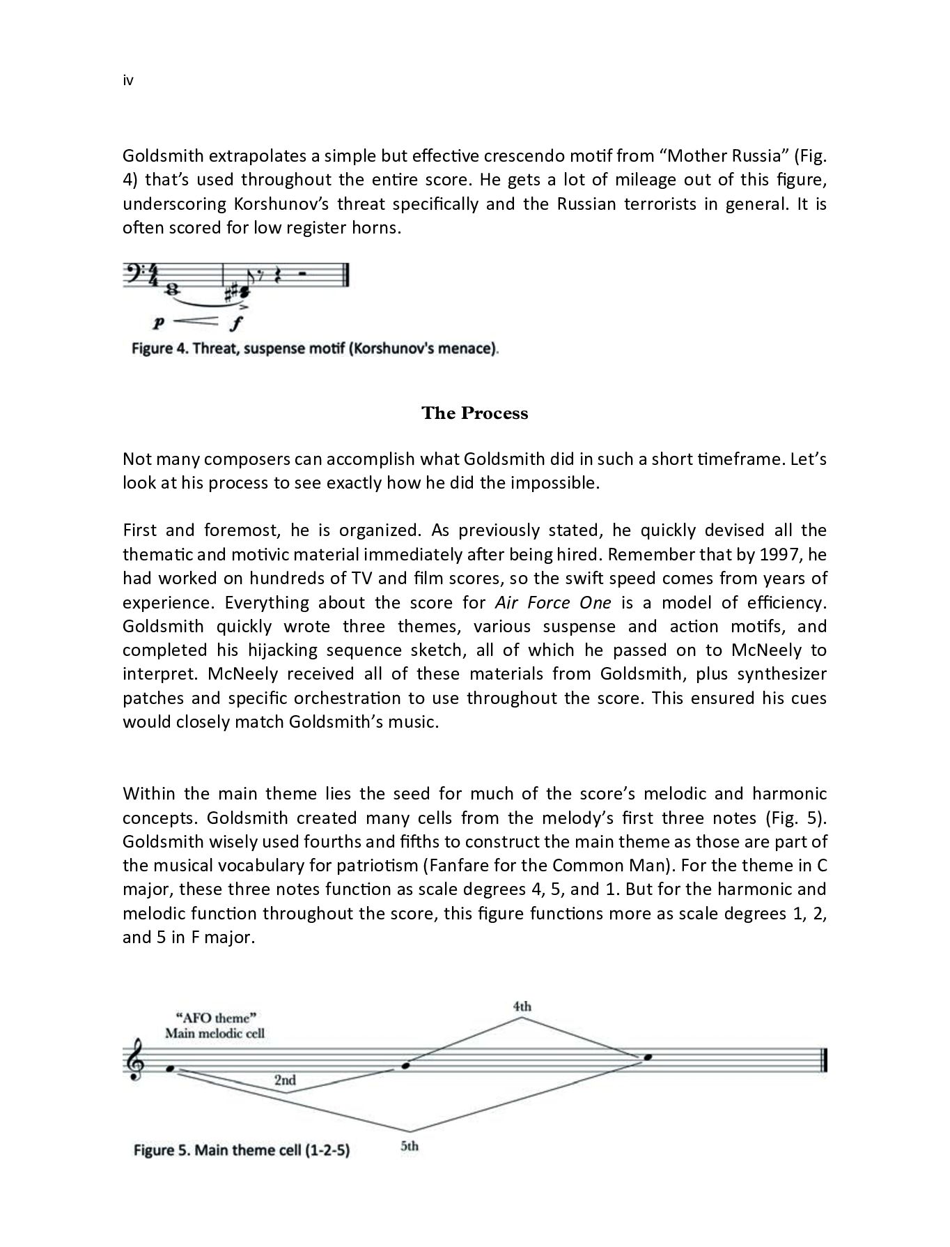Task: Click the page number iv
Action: click(127, 81)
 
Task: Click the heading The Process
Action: click(474, 413)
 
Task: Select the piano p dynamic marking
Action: click(159, 323)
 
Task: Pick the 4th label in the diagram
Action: click(522, 1006)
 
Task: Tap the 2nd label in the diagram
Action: click(284, 1080)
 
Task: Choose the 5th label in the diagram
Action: click(410, 1146)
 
